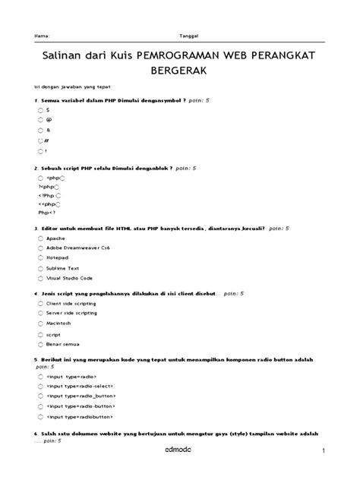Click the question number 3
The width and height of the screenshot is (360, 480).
pyautogui.click(x=36, y=228)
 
